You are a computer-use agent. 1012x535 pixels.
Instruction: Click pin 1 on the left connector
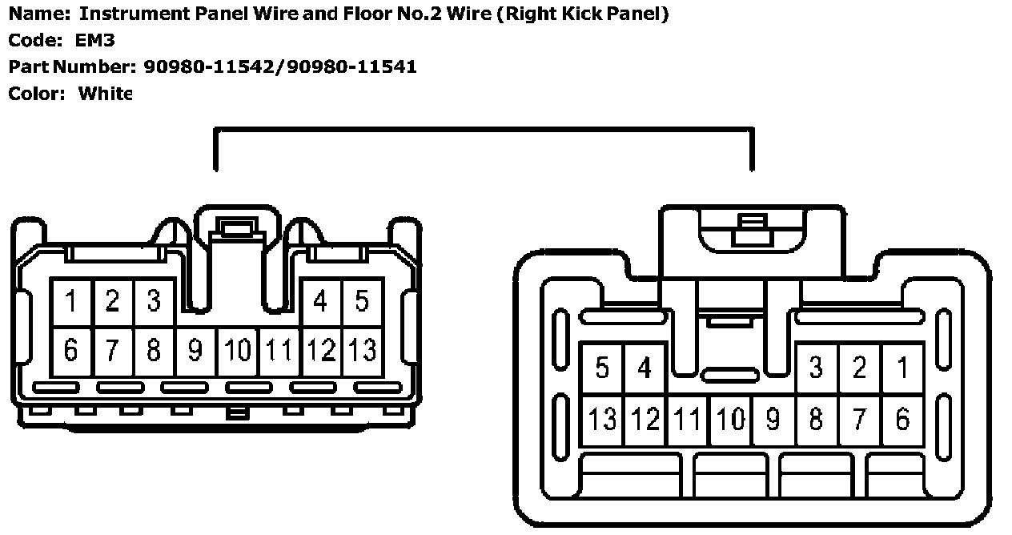(x=71, y=302)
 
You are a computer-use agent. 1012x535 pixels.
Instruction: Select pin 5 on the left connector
(x=362, y=302)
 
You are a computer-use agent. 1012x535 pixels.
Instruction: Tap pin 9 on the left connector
(x=195, y=350)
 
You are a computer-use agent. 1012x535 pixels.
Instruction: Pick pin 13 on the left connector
(x=362, y=350)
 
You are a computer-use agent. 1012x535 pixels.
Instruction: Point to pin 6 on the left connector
(x=71, y=350)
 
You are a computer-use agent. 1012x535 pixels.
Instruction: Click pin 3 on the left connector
(x=154, y=302)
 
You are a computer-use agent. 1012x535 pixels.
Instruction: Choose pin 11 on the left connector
(x=279, y=350)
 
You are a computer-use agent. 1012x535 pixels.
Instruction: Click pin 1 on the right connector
(x=902, y=368)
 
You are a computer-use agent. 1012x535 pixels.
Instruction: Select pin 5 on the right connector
(x=602, y=368)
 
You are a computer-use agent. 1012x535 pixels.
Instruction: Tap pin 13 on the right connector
(x=602, y=418)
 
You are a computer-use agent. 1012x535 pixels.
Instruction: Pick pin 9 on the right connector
(x=773, y=418)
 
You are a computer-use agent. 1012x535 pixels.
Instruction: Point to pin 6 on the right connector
(x=902, y=418)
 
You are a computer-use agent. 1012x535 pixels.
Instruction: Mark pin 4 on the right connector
(x=645, y=368)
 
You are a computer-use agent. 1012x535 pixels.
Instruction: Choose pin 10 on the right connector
(x=729, y=418)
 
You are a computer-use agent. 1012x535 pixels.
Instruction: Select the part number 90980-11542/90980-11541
(x=279, y=66)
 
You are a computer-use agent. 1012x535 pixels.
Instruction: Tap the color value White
(x=105, y=93)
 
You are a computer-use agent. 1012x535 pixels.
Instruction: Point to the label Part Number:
(x=66, y=66)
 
